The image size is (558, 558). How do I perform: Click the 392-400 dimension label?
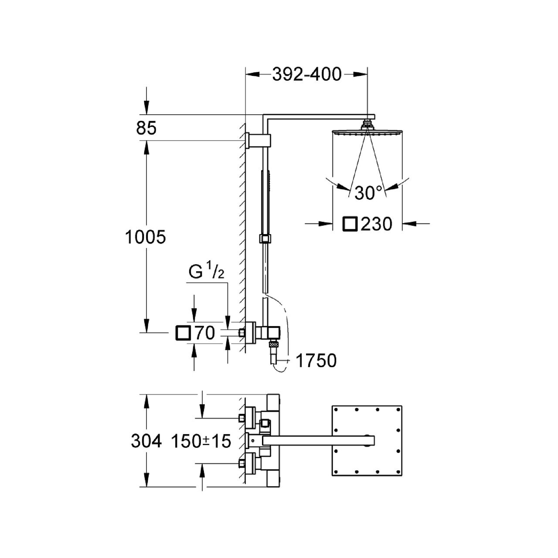tap(306, 75)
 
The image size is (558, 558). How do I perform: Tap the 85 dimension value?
tap(146, 128)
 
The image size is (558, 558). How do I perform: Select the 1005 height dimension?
tap(145, 237)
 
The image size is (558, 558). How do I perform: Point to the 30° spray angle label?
tap(368, 193)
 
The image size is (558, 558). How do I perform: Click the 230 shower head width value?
tap(377, 224)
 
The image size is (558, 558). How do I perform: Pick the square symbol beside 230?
tap(350, 224)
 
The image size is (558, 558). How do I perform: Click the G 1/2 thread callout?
tap(207, 272)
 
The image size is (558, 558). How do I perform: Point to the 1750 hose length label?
tap(316, 361)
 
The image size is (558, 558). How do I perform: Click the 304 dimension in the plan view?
tap(146, 441)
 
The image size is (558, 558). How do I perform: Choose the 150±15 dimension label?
tap(201, 441)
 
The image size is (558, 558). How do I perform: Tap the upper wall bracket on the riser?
tap(259, 141)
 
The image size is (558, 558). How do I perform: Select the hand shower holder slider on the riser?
tap(265, 238)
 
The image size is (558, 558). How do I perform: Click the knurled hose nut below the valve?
tap(273, 344)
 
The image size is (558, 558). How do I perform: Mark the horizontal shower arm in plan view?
tap(319, 441)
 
